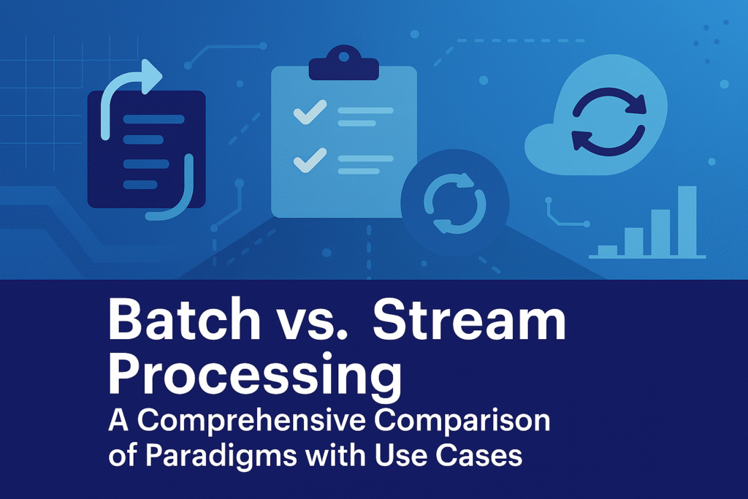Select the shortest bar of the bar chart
[x=607, y=251]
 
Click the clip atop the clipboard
[x=343, y=65]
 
